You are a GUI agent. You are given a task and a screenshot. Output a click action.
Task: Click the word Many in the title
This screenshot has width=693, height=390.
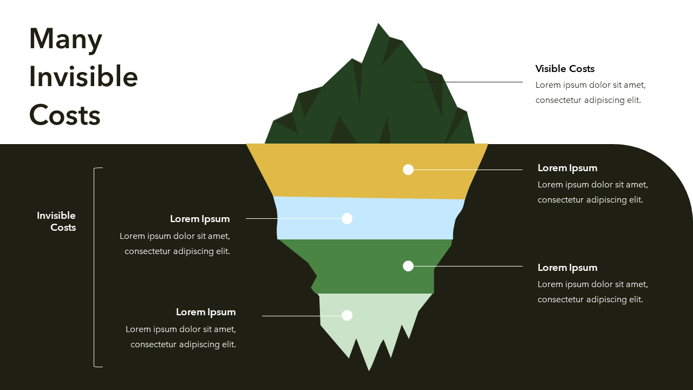pyautogui.click(x=66, y=40)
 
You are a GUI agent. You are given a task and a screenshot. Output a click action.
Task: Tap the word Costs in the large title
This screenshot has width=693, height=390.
pyautogui.click(x=65, y=115)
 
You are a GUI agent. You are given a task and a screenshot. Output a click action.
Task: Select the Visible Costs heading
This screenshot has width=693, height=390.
pyautogui.click(x=565, y=69)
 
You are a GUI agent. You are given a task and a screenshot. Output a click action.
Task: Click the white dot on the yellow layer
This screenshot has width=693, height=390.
pyautogui.click(x=408, y=170)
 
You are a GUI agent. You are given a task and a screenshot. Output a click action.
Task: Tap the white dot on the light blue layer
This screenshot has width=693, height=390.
pyautogui.click(x=347, y=218)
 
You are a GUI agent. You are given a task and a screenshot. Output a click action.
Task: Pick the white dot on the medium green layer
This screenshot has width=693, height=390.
pyautogui.click(x=408, y=266)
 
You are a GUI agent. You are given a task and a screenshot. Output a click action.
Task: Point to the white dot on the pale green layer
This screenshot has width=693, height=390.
pyautogui.click(x=347, y=315)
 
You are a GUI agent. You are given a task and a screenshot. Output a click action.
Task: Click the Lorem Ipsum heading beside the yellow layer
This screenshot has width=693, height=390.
pyautogui.click(x=567, y=168)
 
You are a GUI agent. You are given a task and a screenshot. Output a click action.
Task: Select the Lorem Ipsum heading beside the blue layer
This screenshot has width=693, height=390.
pyautogui.click(x=200, y=219)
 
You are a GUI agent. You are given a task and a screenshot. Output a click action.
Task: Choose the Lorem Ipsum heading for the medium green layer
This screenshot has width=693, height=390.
pyautogui.click(x=567, y=268)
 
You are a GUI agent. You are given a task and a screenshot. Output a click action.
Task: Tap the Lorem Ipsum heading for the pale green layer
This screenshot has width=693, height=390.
pyautogui.click(x=206, y=312)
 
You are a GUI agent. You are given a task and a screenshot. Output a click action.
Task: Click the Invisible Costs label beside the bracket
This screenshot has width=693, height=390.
pyautogui.click(x=57, y=222)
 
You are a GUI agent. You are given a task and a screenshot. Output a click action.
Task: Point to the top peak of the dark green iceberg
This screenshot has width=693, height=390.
pyautogui.click(x=378, y=24)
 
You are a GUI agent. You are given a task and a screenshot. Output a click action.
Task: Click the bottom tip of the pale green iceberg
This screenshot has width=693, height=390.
pyautogui.click(x=369, y=369)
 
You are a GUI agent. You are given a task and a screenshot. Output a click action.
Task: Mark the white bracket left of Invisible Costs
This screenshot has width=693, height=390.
pyautogui.click(x=95, y=268)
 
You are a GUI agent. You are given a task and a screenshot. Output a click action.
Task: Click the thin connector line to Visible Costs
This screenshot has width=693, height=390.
pyautogui.click(x=468, y=82)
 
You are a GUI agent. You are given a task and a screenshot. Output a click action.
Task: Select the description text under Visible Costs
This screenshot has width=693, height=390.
pyautogui.click(x=590, y=93)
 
